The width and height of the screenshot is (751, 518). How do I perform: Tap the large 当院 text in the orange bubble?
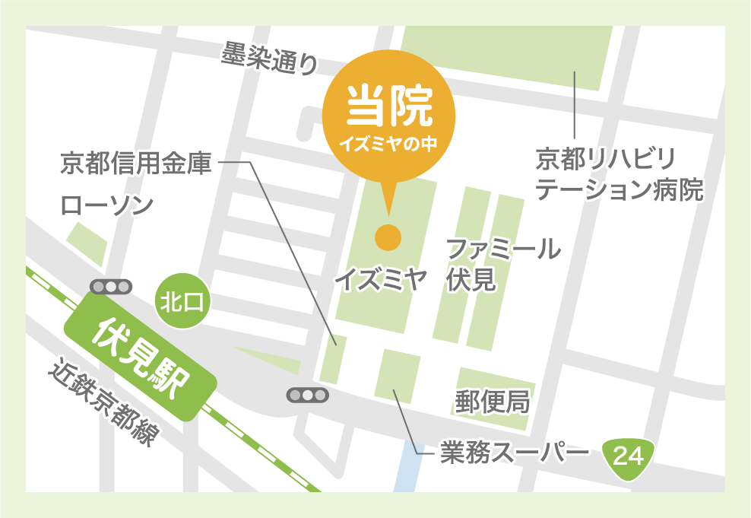point(388,106)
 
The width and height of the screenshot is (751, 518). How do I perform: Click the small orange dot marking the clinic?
point(388,238)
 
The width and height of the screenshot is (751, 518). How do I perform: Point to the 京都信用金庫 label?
point(136,164)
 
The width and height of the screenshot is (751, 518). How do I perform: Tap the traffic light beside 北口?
point(111,287)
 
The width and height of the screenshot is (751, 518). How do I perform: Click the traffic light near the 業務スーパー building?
point(307,395)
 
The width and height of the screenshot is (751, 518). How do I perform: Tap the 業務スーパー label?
point(515,453)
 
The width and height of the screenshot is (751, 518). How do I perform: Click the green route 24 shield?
point(628,456)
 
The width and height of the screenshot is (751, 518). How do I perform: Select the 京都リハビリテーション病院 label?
point(619,175)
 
